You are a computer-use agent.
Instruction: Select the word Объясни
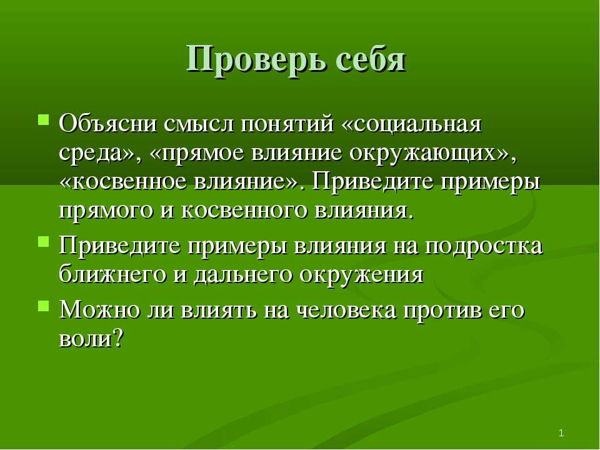pyautogui.click(x=108, y=124)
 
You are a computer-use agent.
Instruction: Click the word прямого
pyautogui.click(x=106, y=211)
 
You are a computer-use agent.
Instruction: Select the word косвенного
pyautogui.click(x=244, y=211)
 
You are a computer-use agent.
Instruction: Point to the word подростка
pyautogui.click(x=484, y=247)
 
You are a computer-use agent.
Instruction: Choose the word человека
pyautogui.click(x=347, y=311)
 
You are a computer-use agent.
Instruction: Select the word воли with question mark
pyautogui.click(x=91, y=338)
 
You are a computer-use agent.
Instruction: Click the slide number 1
pyautogui.click(x=561, y=434)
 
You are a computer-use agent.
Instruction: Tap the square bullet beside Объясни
pyautogui.click(x=43, y=119)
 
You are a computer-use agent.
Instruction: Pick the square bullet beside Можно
pyautogui.click(x=43, y=306)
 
